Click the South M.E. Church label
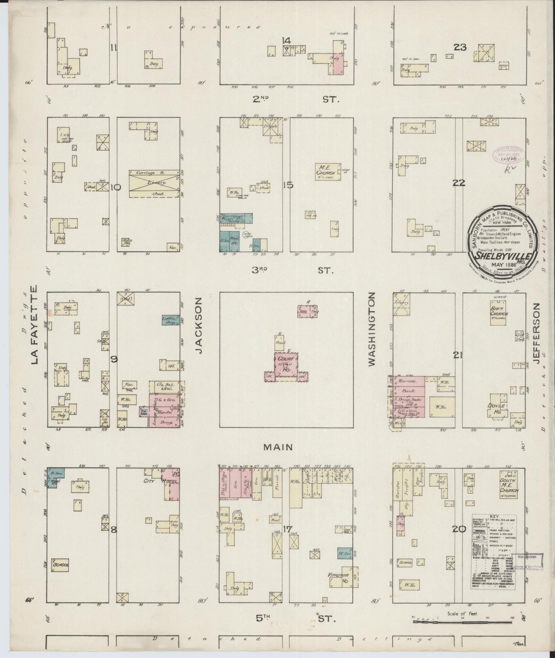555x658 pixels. pyautogui.click(x=509, y=485)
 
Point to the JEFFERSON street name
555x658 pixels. pyautogui.click(x=537, y=333)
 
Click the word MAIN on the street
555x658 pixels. pyautogui.click(x=278, y=447)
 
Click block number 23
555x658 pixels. pyautogui.click(x=460, y=47)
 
